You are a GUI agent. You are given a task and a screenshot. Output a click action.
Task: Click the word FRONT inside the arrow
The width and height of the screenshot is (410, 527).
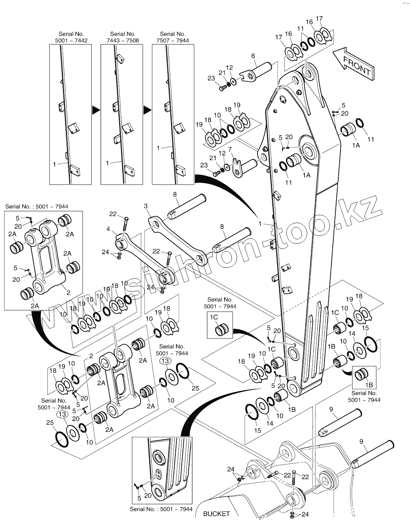(357, 65)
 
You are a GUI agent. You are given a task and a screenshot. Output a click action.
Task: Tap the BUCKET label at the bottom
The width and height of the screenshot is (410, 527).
(216, 514)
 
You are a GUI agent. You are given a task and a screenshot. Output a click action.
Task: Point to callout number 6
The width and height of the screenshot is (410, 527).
(253, 56)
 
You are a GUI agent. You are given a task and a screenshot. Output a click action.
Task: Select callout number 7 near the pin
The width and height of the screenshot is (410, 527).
(230, 149)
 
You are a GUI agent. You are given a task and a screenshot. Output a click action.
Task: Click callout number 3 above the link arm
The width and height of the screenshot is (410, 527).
(146, 206)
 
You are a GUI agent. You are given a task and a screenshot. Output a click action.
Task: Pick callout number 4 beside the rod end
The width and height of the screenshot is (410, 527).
(108, 229)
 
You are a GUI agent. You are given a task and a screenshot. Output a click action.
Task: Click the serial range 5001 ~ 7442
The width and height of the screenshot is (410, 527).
(71, 41)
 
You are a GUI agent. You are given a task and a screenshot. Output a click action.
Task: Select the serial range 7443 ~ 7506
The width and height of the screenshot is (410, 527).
(122, 41)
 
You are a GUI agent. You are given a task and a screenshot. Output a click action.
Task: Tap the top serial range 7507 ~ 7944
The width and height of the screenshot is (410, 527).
(173, 41)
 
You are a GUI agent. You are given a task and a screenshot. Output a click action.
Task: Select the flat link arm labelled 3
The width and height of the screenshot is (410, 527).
(177, 239)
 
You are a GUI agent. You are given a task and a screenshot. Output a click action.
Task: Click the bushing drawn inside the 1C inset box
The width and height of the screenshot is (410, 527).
(222, 330)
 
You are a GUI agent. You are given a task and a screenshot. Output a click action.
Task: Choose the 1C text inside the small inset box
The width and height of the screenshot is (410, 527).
(214, 317)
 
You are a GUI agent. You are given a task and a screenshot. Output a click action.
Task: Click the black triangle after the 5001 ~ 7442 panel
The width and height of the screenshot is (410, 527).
(96, 109)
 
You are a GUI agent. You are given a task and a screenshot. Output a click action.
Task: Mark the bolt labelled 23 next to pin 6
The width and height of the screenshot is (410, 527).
(222, 88)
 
